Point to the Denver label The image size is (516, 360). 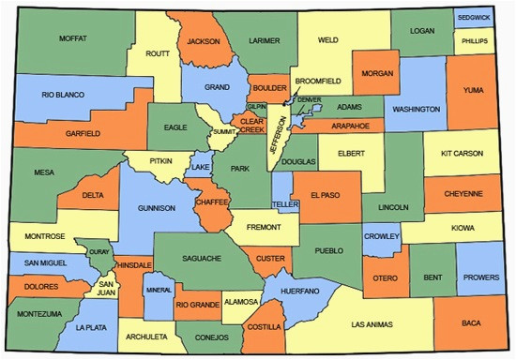click(309, 99)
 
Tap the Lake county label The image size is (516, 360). click(201, 168)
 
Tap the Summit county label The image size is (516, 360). click(225, 132)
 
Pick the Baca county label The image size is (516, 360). click(472, 323)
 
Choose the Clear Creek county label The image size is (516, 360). click(250, 126)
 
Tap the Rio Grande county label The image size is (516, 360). click(198, 305)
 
